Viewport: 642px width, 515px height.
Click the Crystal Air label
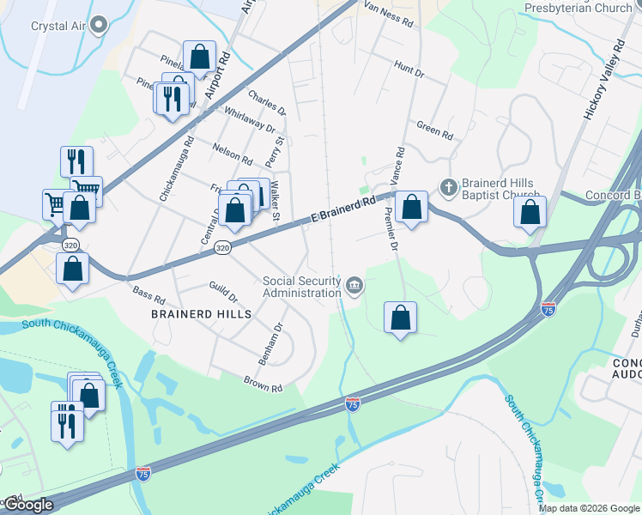[58, 24]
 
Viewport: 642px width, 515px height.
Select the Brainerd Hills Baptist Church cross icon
[447, 186]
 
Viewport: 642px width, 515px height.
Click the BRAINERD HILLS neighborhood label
[202, 314]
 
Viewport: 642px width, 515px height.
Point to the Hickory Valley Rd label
[604, 79]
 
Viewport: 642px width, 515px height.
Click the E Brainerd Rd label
[344, 211]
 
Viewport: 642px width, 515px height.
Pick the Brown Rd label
[263, 383]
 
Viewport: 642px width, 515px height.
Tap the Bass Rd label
[148, 295]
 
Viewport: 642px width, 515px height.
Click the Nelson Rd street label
[233, 154]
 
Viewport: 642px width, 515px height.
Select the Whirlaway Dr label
[248, 121]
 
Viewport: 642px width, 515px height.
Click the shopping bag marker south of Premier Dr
[400, 318]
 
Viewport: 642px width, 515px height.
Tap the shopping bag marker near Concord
[530, 211]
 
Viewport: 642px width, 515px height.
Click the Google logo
[27, 505]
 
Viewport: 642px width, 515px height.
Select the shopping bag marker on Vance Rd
[412, 207]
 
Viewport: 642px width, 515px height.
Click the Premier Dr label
[391, 230]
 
